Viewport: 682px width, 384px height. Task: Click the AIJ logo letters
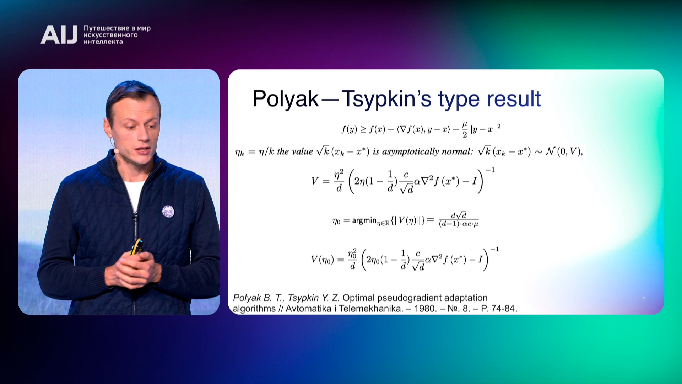coord(59,34)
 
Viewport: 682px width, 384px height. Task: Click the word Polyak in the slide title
coord(285,99)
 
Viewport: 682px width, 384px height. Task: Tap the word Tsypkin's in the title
coord(386,99)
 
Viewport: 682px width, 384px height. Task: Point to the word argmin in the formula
coord(364,220)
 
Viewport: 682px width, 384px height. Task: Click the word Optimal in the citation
coord(358,298)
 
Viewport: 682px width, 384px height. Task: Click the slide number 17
coord(643,299)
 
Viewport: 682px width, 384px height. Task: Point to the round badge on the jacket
coord(168,211)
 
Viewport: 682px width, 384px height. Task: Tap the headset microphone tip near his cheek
coord(116,151)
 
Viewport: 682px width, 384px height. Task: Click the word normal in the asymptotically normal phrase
coord(458,152)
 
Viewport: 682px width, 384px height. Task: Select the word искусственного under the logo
coord(110,35)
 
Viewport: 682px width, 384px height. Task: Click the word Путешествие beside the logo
coord(107,28)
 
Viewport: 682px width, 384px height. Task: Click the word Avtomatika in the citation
coord(308,308)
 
